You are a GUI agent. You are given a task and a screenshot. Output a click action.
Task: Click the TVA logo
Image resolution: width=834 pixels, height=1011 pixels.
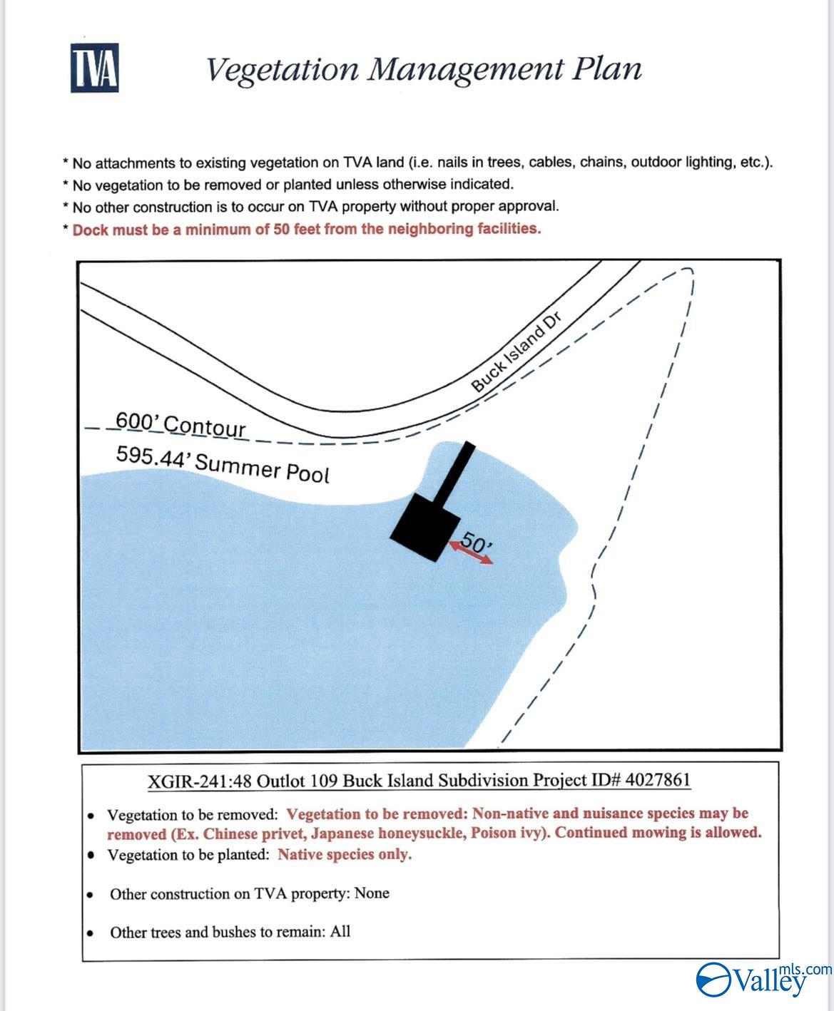[x=94, y=68]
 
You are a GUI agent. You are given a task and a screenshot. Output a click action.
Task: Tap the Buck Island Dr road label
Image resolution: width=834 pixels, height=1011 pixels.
[x=517, y=354]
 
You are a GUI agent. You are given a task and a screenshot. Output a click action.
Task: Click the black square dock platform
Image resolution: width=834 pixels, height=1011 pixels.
[x=426, y=526]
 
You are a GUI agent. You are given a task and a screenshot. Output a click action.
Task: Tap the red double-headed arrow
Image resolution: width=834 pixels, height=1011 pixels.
[x=471, y=553]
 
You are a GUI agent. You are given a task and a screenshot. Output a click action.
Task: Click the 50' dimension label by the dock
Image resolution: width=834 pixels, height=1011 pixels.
[x=476, y=542]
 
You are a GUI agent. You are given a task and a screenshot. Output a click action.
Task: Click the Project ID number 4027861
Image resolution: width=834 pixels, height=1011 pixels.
[x=657, y=779]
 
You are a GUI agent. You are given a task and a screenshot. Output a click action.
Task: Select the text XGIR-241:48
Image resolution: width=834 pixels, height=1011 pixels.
[x=199, y=780]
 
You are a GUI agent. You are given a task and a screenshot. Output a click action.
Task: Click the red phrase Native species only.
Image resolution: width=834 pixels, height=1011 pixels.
[x=345, y=854]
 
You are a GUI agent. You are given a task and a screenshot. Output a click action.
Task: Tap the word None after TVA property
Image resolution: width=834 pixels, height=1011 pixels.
[x=372, y=893]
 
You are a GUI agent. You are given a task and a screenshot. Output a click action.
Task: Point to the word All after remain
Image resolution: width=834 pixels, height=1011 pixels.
[x=340, y=932]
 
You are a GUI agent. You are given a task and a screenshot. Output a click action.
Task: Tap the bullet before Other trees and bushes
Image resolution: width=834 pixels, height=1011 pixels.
[x=89, y=933]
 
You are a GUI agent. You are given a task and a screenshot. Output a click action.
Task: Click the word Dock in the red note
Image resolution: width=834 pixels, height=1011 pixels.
[x=91, y=230]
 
